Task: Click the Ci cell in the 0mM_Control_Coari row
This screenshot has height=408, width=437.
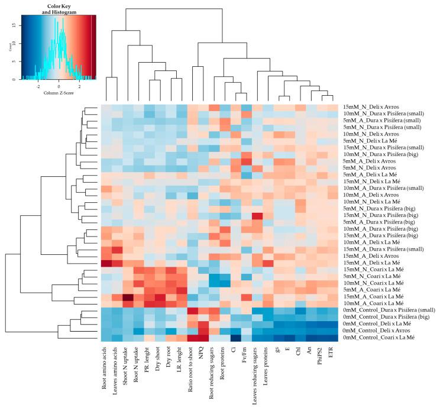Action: pos(235,338)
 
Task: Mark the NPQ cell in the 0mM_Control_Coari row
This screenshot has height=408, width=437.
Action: pos(203,338)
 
